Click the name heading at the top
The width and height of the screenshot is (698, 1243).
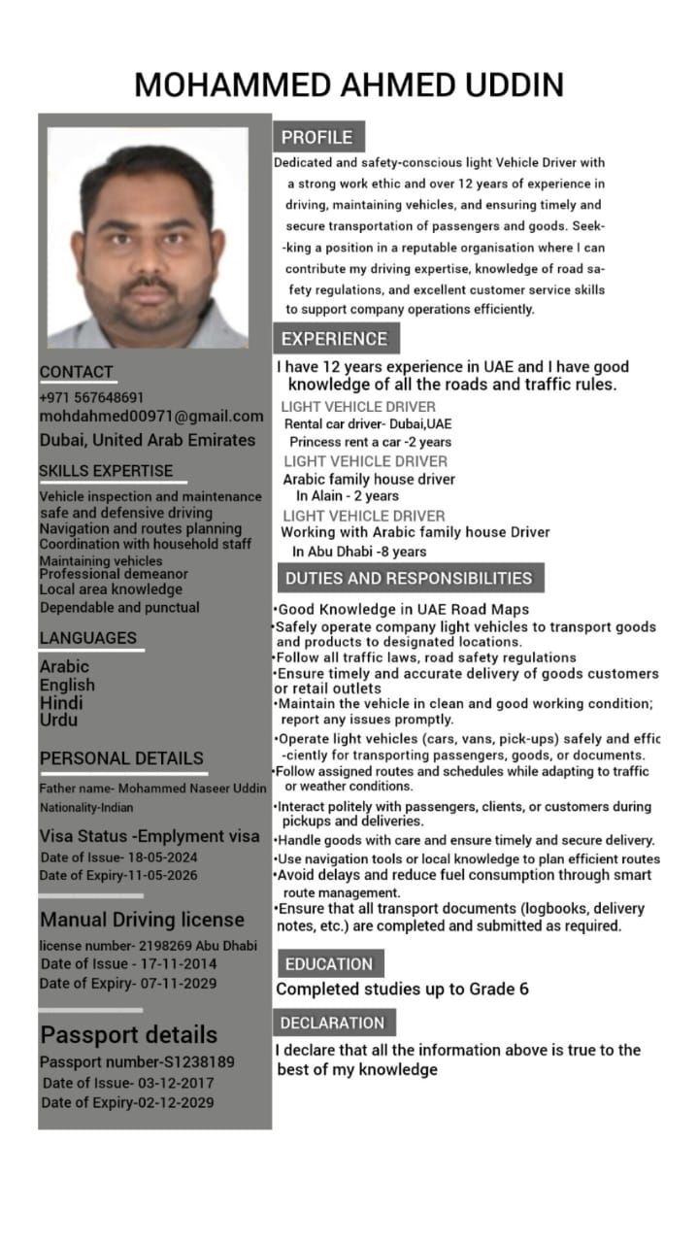point(349,84)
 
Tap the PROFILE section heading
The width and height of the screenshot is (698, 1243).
point(317,137)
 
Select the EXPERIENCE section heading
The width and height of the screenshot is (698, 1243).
point(334,339)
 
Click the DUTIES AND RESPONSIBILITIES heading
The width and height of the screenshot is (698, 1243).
point(408,578)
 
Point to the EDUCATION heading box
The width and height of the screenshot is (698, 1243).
point(328,963)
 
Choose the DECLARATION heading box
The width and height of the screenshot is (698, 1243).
point(333,1023)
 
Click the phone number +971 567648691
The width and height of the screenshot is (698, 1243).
point(91,397)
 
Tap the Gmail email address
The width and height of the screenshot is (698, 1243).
point(150,417)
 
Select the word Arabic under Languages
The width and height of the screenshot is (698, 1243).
point(64,666)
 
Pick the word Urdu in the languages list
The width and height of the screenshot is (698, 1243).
point(58,721)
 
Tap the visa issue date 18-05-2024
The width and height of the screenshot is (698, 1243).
point(161,857)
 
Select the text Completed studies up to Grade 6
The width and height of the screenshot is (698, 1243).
point(402,990)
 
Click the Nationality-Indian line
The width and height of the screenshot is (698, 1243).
point(86,807)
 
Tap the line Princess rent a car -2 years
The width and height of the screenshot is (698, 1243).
point(370,442)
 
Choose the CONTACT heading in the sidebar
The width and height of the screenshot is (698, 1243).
point(76,372)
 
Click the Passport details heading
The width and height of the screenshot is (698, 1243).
point(128,1034)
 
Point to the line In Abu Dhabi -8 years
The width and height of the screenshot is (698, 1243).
point(359,552)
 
